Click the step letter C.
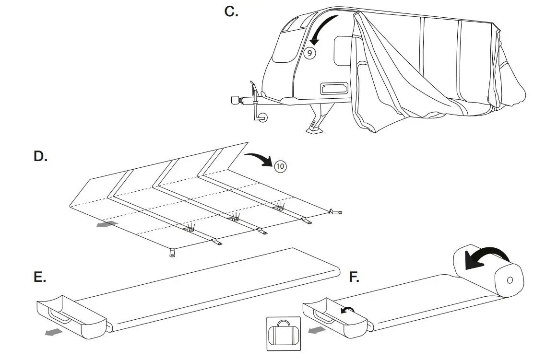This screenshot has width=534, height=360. tap(231, 12)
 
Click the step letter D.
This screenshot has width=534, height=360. tap(41, 157)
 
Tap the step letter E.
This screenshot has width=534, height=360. tap(40, 278)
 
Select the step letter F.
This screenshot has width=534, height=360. tap(354, 278)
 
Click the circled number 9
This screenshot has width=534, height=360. tap(310, 53)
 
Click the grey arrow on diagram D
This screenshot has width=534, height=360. tap(106, 224)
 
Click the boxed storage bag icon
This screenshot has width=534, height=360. tap(283, 334)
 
